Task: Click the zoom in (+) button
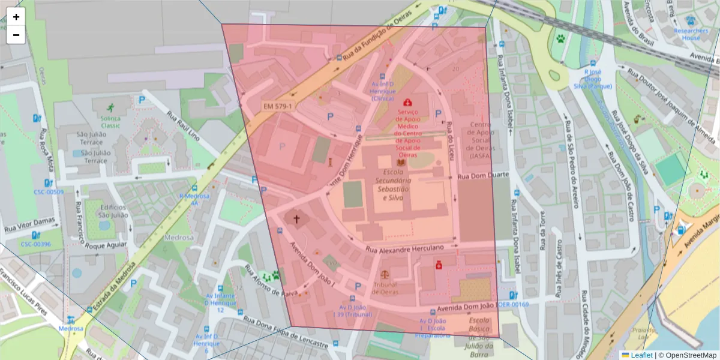(16, 17)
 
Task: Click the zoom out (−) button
(16, 35)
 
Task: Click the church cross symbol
(296, 220)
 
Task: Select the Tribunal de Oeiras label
(385, 288)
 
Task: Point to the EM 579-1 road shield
(278, 107)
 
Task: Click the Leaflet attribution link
(641, 355)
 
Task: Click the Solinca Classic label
(110, 122)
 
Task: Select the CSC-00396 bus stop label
(35, 244)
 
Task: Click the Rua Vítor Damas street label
(30, 224)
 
